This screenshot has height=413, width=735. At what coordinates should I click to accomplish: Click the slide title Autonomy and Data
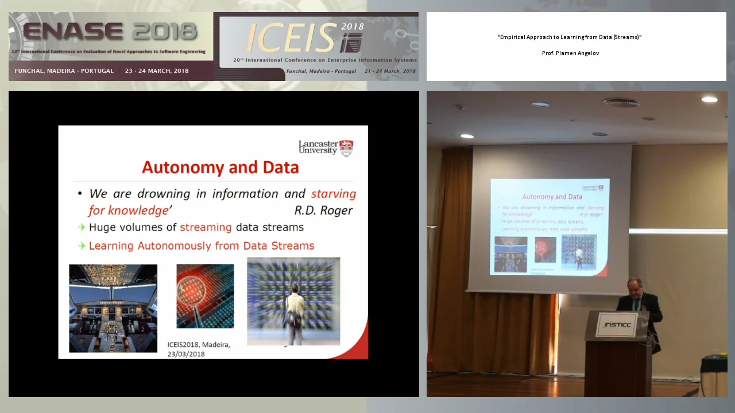(x=220, y=167)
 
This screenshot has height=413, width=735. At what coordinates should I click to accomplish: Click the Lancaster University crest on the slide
(x=346, y=148)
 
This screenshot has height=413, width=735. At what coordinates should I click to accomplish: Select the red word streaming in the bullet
(x=206, y=227)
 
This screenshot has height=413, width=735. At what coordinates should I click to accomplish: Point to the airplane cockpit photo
(x=113, y=308)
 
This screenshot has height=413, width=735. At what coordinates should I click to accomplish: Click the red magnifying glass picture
(x=205, y=296)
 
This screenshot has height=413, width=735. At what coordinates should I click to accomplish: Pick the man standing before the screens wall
(x=295, y=313)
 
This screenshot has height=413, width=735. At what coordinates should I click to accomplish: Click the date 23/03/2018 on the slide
(x=185, y=354)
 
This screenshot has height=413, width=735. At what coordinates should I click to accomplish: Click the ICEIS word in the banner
(x=291, y=39)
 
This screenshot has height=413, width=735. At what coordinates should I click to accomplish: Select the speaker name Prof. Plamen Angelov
(x=570, y=53)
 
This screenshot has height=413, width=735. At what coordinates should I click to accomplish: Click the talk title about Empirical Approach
(x=569, y=37)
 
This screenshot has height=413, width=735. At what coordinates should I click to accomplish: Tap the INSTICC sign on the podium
(x=617, y=325)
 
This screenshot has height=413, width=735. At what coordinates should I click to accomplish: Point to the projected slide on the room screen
(x=550, y=227)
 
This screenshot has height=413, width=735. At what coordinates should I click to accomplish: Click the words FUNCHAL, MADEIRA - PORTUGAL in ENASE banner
(x=64, y=71)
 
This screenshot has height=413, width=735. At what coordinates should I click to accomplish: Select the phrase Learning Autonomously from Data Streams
(x=201, y=246)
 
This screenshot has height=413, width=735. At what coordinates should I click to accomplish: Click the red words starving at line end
(x=334, y=194)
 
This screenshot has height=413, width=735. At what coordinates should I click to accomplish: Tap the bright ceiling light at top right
(x=709, y=99)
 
